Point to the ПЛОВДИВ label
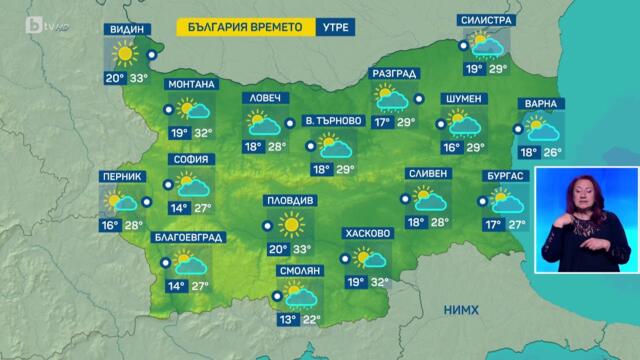click(290, 200)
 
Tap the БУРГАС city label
click(506, 176)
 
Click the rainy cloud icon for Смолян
click(296, 295)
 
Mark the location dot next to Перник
click(148, 201)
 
